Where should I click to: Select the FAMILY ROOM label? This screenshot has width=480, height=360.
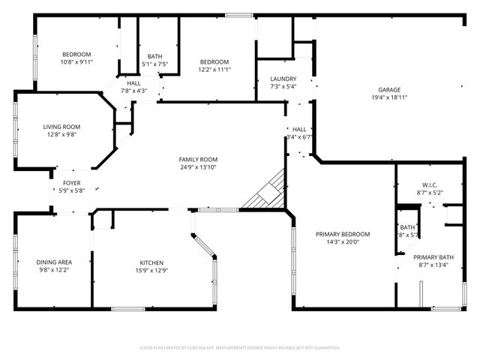[198, 159]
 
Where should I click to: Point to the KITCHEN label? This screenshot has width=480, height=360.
[151, 262]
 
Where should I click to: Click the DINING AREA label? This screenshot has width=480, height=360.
[54, 262]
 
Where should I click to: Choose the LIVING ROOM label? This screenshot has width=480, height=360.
[61, 127]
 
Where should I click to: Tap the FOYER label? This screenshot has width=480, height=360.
[72, 183]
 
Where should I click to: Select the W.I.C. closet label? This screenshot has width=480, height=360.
[429, 184]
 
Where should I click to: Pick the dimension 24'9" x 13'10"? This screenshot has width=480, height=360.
[198, 167]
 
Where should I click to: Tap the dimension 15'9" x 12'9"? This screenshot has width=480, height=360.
[151, 271]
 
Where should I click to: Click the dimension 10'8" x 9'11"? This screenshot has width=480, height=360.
[76, 62]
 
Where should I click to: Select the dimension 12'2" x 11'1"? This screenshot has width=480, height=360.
[214, 70]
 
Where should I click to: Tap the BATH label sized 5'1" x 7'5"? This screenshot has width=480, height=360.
[155, 56]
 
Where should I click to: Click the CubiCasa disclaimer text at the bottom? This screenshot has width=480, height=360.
[240, 347]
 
